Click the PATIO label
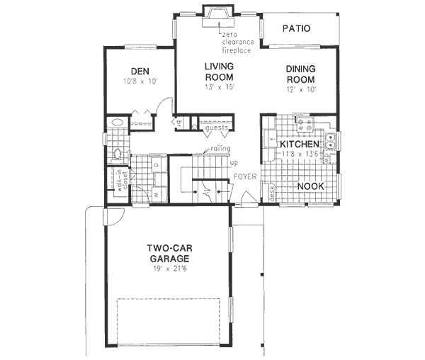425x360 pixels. (x=297, y=29)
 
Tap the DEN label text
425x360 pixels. (x=138, y=70)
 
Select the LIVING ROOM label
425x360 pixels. (x=220, y=71)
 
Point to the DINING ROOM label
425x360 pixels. (x=301, y=74)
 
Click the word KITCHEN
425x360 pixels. (x=300, y=145)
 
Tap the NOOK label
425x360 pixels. (x=310, y=186)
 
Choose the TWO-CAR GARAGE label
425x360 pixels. (x=168, y=254)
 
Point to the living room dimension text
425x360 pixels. (x=219, y=87)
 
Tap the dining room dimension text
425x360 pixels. (x=301, y=90)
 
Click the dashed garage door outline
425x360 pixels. (x=174, y=319)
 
